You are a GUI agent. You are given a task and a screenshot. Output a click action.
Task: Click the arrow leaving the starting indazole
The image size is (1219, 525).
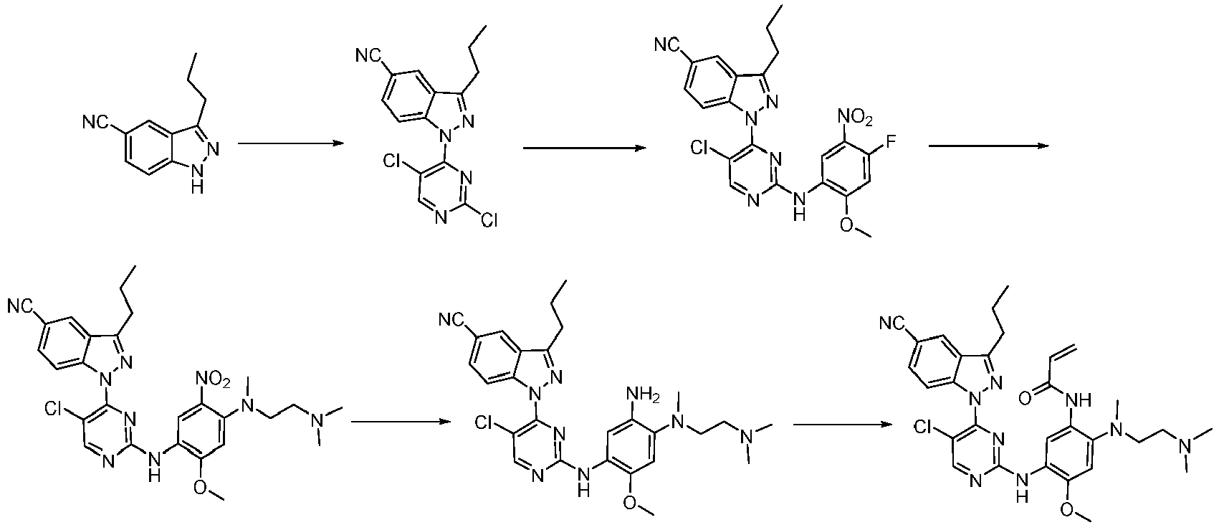coord(291,143)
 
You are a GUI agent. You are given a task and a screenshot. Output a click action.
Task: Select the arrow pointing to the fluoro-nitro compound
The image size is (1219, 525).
coord(585,148)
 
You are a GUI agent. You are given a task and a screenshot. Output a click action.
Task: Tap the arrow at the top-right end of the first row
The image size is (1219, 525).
coord(989,146)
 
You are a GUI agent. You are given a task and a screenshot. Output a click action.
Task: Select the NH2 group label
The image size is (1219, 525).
coord(644,393)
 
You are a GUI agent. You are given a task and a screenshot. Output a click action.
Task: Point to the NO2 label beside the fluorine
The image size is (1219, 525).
coord(855,117)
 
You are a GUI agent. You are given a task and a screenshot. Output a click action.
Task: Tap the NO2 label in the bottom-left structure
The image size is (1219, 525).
coord(214,379)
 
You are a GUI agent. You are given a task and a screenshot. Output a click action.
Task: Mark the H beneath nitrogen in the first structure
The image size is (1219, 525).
coord(198,186)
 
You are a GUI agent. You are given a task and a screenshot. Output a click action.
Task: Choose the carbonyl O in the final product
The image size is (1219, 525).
coord(1025,399)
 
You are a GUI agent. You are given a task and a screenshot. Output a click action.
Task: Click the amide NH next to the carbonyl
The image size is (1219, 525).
coord(1079,401)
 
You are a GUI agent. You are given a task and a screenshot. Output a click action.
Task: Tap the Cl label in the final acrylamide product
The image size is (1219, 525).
coord(924,427)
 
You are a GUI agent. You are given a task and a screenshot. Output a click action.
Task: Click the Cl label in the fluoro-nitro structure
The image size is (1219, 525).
coord(700,147)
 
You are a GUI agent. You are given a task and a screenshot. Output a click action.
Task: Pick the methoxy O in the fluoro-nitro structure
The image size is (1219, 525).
coord(847,225)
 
